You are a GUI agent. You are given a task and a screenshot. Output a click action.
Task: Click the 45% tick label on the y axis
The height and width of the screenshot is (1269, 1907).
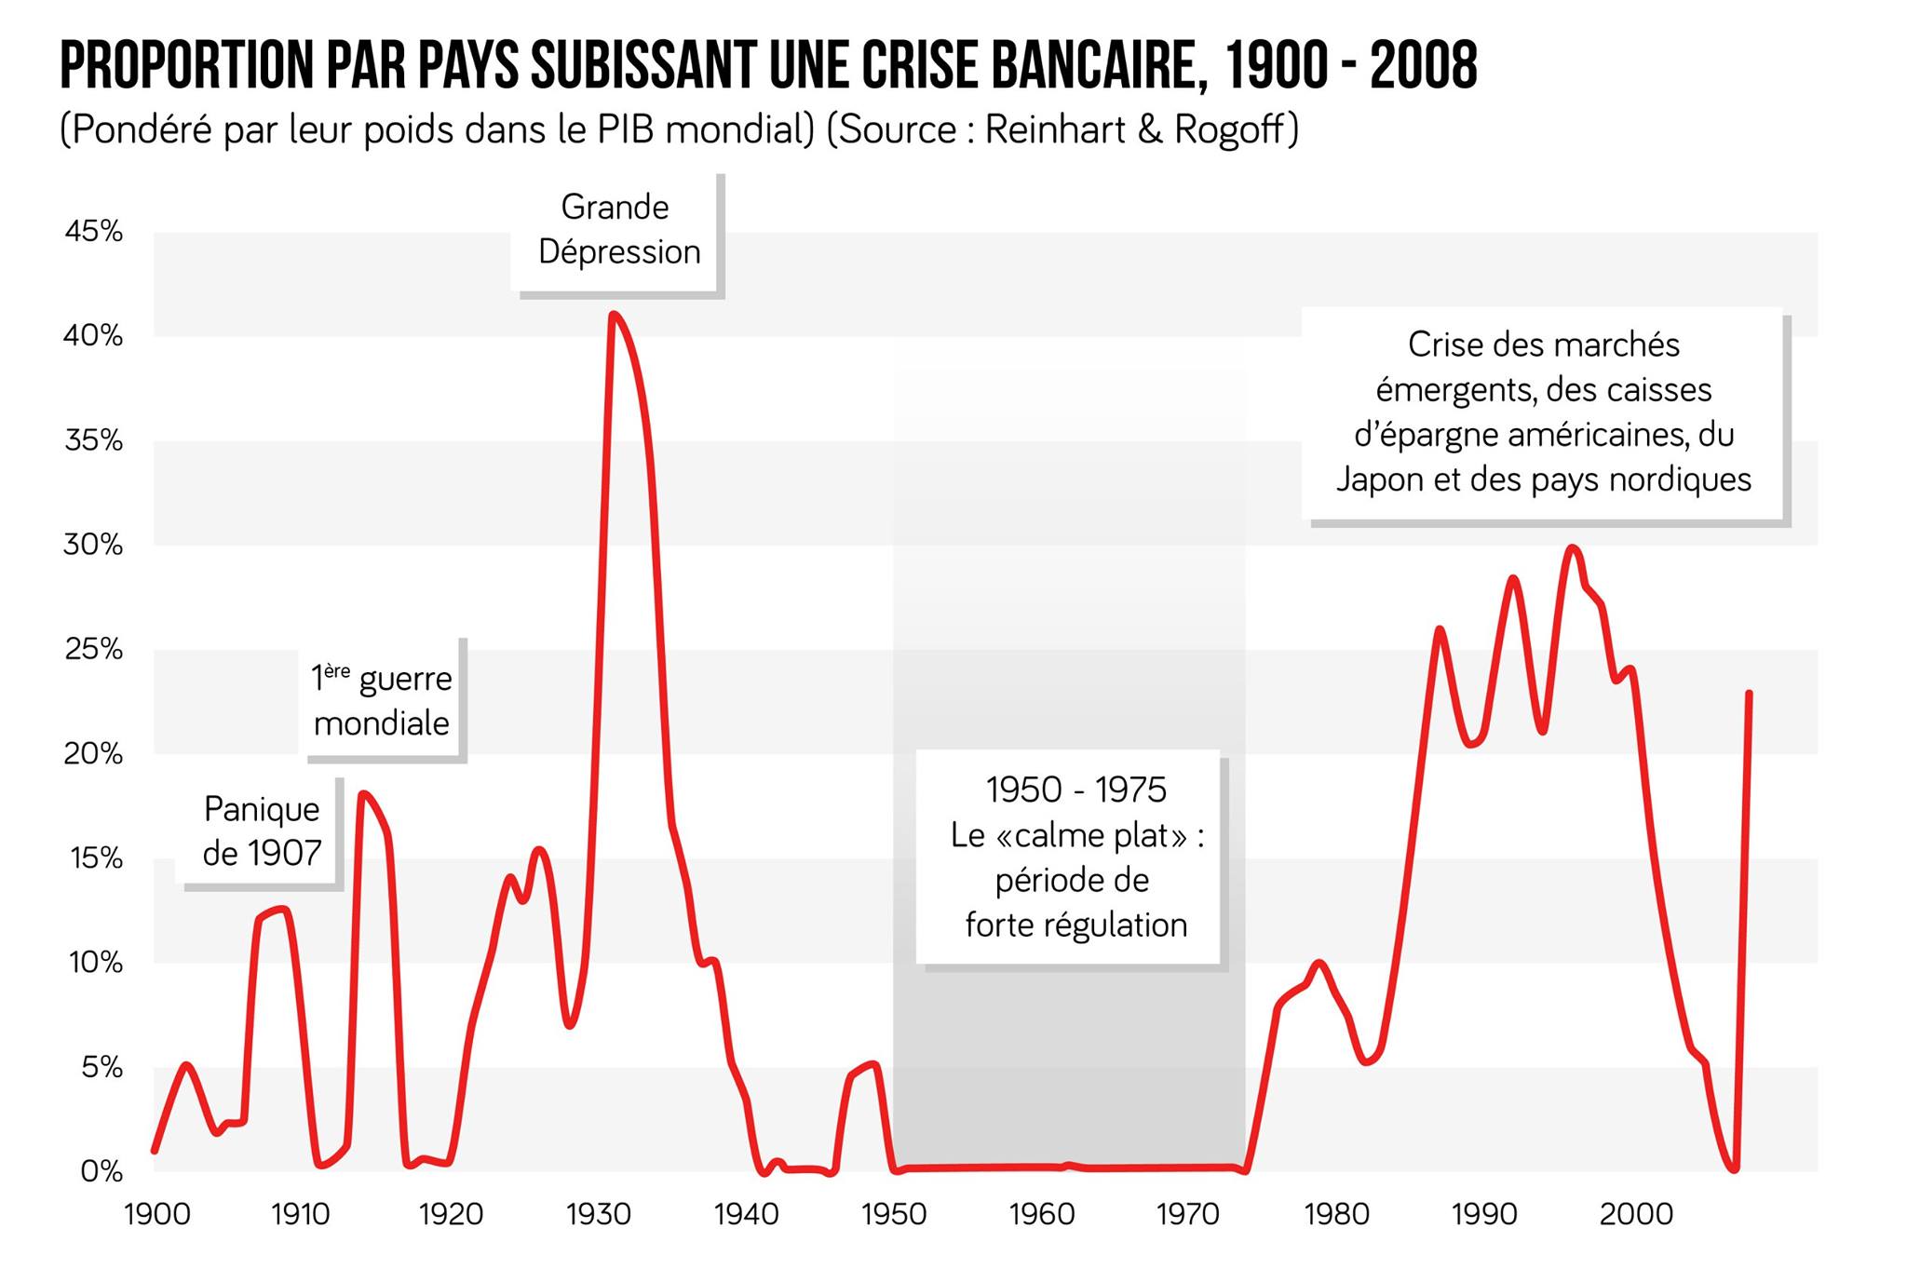pos(93,231)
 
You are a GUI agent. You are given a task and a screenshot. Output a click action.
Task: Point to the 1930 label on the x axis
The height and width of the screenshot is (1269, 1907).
pos(599,1214)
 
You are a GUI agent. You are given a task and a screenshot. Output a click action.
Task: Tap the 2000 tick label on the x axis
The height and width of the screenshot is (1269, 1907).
pos(1636,1214)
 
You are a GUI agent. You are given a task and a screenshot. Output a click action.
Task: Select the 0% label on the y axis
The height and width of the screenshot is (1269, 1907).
pos(101,1171)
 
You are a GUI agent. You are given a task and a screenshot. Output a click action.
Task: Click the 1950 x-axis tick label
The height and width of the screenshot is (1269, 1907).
pos(894,1214)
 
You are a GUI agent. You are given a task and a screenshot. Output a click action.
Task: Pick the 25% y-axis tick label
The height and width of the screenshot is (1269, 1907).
pos(93,649)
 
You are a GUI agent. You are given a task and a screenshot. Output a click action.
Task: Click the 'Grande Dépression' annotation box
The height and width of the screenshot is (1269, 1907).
pos(617,230)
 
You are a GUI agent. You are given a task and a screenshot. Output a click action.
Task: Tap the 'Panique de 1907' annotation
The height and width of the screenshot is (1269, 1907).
pos(261,830)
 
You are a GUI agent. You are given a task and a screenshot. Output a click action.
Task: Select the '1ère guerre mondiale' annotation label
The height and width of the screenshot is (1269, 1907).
pos(382,700)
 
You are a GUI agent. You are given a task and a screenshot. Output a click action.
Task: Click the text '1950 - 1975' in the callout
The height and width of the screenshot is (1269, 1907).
pos(1075,790)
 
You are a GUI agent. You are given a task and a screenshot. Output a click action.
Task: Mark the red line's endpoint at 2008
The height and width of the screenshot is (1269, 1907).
pos(1749,694)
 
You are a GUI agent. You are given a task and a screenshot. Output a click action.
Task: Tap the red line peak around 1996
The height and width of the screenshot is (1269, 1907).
pos(1573,547)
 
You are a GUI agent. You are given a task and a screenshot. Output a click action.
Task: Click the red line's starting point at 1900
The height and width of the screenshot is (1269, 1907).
pos(155,1151)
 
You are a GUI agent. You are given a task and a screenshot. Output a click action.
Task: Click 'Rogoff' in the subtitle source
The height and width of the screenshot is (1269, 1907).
pos(1236,129)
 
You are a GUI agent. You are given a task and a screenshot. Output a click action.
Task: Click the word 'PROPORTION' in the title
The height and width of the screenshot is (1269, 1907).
pos(186,65)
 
